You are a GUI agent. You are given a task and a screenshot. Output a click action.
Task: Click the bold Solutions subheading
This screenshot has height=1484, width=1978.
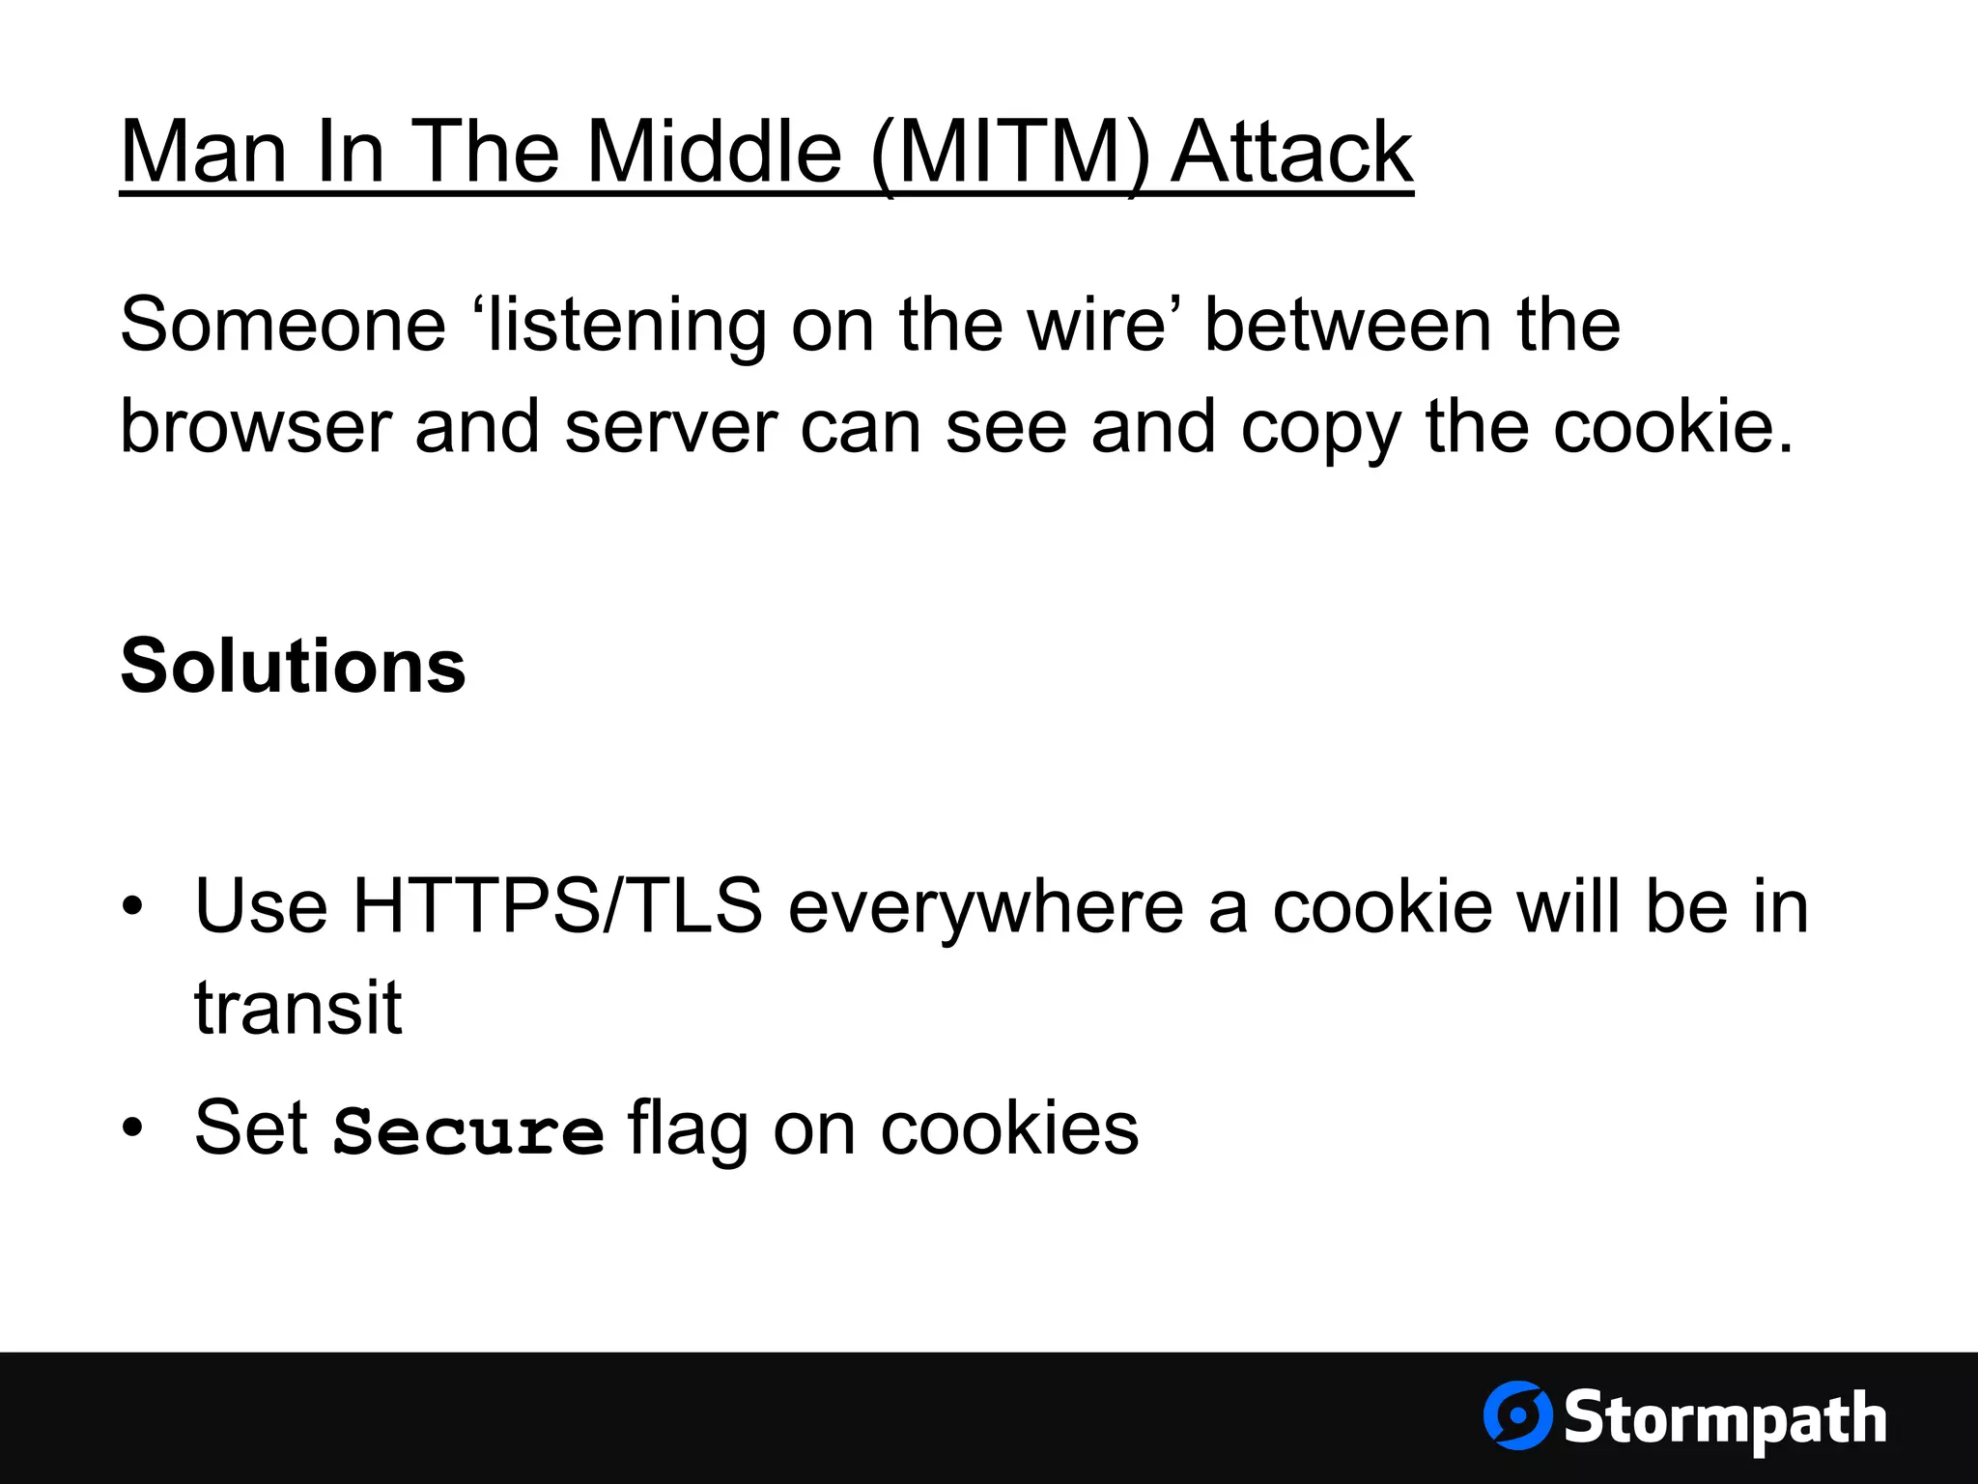pos(293,666)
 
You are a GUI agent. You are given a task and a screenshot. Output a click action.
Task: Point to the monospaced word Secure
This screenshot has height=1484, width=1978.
pos(468,1130)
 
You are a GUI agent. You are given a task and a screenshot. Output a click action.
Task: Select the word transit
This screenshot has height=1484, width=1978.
pos(297,1008)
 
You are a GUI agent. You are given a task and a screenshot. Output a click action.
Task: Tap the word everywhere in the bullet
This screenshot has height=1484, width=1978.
pos(985,908)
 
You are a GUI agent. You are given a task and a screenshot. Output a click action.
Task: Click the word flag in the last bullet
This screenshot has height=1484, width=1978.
pos(687,1128)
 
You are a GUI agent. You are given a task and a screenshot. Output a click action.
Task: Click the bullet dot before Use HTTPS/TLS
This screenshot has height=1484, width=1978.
pos(133,907)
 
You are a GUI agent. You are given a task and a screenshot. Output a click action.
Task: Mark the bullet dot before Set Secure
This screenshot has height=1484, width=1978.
pos(133,1127)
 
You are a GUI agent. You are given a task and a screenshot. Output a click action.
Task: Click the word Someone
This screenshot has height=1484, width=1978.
pos(283,325)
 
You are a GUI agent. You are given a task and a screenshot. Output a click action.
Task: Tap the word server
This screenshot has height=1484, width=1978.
pos(670,426)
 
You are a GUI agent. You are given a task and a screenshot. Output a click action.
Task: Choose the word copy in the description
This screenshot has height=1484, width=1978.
pos(1319,428)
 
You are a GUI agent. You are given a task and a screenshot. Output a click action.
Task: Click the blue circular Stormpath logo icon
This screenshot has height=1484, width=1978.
pos(1517,1415)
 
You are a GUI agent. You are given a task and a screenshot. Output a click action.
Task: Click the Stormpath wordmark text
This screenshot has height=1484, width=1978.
pos(1724,1419)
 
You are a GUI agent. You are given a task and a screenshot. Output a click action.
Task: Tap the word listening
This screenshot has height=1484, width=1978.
pos(627,327)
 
